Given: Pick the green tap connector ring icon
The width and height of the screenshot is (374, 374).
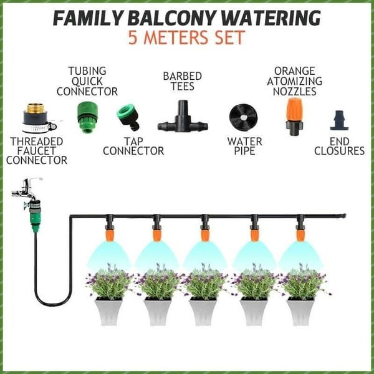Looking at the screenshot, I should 128,117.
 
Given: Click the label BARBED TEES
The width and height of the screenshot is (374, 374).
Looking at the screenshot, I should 182,81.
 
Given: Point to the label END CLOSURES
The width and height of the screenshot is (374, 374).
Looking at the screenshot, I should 339,146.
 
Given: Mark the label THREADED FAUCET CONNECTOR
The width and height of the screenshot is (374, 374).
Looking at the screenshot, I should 38,150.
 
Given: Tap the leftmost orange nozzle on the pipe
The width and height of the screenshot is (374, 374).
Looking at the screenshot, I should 109,234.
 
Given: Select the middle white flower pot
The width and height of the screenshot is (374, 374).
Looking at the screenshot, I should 204,310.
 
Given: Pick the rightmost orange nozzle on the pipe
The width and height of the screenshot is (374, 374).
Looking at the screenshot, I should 300,234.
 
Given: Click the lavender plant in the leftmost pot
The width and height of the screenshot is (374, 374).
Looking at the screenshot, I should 110,282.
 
